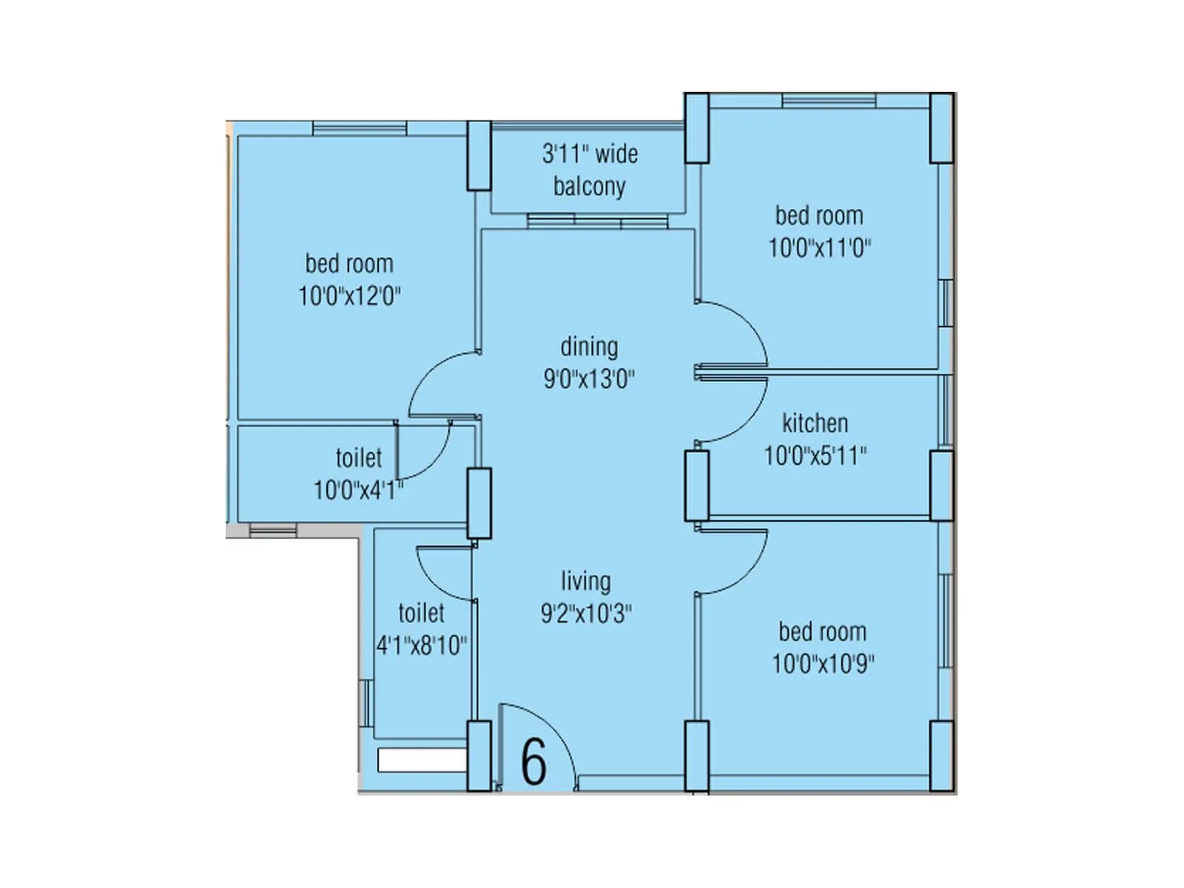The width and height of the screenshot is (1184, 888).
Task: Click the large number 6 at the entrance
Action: [x=534, y=761]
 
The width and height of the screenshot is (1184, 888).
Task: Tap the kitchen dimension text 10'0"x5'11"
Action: [x=815, y=456]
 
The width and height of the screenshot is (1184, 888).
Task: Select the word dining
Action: [x=589, y=346]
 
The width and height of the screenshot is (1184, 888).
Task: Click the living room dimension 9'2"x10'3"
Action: [x=586, y=613]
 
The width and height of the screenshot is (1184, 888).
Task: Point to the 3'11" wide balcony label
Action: [x=590, y=170]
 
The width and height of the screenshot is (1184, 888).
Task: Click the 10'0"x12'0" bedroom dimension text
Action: [x=349, y=297]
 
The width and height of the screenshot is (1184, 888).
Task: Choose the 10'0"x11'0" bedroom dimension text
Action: [x=819, y=248]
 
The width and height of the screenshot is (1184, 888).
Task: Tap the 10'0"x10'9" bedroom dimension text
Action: [x=822, y=664]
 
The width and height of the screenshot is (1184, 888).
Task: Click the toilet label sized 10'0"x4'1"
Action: [x=359, y=458]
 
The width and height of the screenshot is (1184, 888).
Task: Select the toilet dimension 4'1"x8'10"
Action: [x=422, y=646]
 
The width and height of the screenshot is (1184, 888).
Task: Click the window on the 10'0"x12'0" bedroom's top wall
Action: [x=360, y=129]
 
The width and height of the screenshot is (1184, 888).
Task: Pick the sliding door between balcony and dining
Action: [x=598, y=221]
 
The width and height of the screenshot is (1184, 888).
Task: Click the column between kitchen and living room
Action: [x=696, y=486]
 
